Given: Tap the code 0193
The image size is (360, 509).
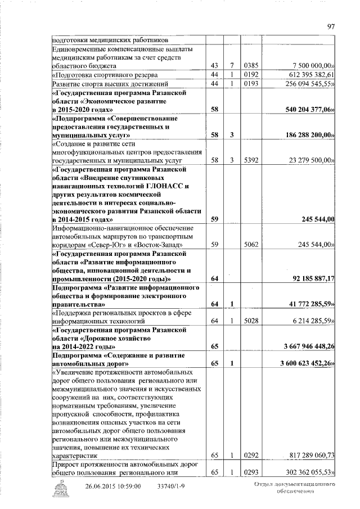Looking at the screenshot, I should pyautogui.click(x=250, y=84).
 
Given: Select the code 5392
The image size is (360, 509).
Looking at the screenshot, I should pyautogui.click(x=250, y=160).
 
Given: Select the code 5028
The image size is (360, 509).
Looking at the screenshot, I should pyautogui.click(x=250, y=320).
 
